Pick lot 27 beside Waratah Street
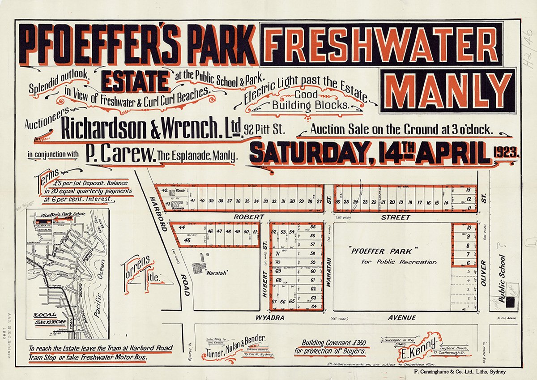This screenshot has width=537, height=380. (x=319, y=201)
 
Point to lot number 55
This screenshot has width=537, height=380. (x=313, y=227)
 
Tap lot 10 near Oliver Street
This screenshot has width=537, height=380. (x=468, y=228)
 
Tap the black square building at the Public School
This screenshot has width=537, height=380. (x=510, y=303)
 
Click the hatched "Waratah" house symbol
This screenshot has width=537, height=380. (x=197, y=268)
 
